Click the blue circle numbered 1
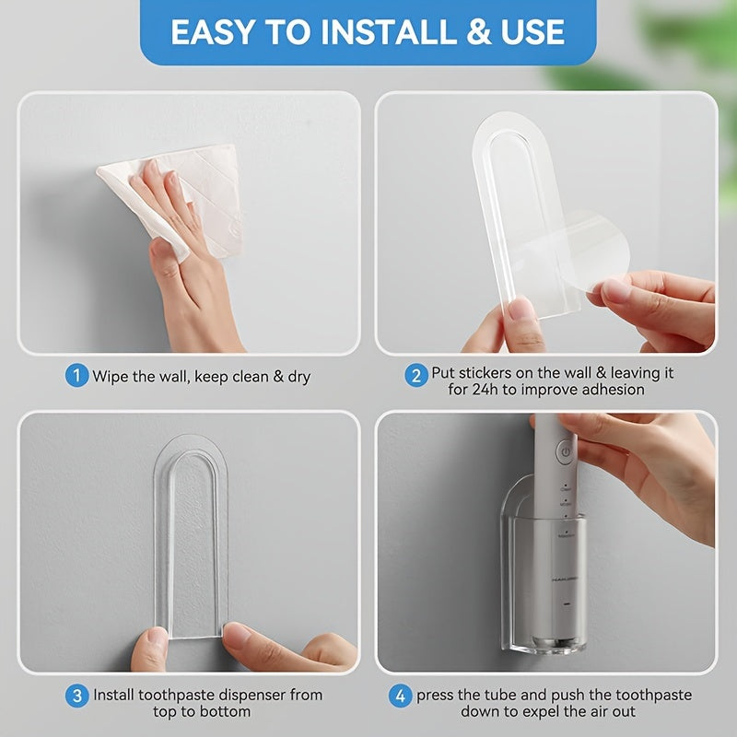tap(76, 376)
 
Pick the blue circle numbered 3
tap(76, 695)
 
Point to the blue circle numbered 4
tap(399, 695)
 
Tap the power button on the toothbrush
tap(564, 451)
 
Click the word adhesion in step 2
tap(612, 390)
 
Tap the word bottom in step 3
tap(228, 711)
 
